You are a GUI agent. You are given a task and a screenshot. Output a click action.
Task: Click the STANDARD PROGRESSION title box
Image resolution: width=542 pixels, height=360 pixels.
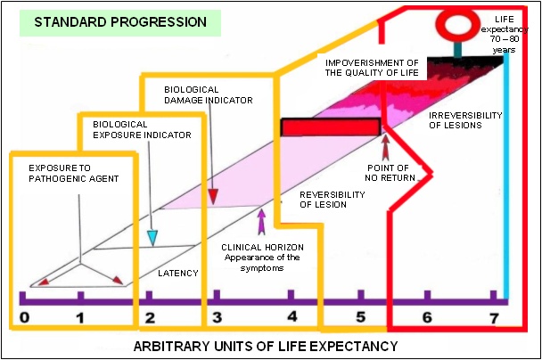(x=120, y=23)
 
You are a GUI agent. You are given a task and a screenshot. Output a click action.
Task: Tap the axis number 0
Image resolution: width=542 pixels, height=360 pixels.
(x=25, y=317)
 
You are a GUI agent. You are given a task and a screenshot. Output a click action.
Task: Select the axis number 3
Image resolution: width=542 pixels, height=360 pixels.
(x=218, y=317)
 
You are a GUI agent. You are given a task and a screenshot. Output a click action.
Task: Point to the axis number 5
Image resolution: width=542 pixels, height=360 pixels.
(x=360, y=317)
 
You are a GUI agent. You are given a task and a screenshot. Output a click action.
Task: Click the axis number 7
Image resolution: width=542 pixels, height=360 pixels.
(x=495, y=318)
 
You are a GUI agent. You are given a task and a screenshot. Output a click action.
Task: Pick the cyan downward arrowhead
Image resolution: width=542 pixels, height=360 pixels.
(x=152, y=238)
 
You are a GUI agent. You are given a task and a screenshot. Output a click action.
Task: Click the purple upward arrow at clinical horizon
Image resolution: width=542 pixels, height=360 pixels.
(x=262, y=222)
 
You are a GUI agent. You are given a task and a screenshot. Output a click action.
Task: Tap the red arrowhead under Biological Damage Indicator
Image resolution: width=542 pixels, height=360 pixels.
(x=213, y=197)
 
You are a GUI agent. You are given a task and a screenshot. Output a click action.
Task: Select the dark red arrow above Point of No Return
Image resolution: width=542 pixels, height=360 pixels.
(x=385, y=148)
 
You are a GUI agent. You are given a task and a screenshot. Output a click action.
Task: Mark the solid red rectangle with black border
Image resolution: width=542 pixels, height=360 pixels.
(x=331, y=127)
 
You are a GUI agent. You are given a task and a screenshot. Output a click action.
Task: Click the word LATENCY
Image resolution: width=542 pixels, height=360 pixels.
(x=178, y=274)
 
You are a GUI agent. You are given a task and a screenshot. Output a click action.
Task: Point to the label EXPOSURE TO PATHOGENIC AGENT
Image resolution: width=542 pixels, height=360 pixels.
(x=74, y=174)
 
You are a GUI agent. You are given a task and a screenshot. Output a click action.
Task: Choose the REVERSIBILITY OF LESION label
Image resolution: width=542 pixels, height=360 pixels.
(x=333, y=200)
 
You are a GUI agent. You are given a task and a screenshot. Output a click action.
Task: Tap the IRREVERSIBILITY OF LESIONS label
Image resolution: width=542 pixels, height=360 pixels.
(x=465, y=120)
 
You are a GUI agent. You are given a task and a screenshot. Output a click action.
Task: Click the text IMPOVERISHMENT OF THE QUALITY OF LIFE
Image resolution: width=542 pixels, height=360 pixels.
(x=372, y=68)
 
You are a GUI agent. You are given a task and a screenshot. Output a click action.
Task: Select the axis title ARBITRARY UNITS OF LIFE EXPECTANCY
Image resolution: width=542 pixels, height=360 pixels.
(x=266, y=346)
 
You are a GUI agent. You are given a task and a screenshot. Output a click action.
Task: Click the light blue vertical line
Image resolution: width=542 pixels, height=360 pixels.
(x=506, y=176)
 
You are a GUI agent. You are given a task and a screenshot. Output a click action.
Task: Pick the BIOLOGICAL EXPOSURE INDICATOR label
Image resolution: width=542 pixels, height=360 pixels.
(x=142, y=129)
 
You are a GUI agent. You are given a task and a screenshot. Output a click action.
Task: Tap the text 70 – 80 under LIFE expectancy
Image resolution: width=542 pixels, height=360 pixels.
(x=505, y=39)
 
